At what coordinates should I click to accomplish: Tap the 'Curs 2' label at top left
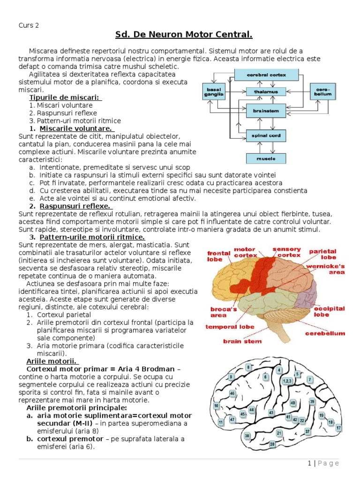tap(29, 25)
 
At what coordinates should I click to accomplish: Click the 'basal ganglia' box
tap(213, 91)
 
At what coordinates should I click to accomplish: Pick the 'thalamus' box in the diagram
tap(266, 91)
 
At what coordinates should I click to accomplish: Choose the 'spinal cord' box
tap(266, 136)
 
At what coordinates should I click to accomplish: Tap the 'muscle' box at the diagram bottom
tap(266, 158)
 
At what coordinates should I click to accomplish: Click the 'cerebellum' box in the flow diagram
tap(322, 91)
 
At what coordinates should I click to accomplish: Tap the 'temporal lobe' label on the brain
tap(229, 327)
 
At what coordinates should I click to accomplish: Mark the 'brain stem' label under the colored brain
tap(242, 341)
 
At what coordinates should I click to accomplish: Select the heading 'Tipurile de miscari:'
tap(65, 97)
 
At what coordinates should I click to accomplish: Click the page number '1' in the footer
tap(309, 463)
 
